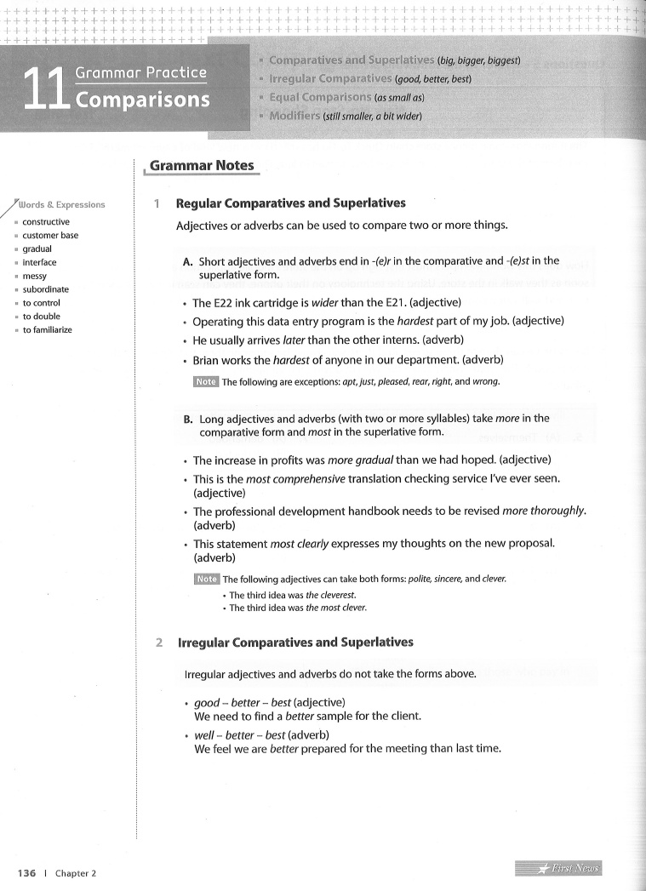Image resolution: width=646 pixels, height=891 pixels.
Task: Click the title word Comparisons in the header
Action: tap(143, 100)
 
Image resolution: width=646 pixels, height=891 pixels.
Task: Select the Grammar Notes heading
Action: tap(202, 166)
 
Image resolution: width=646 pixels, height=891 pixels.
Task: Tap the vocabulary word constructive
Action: tap(46, 222)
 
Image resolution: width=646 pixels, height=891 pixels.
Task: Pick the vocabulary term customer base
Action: tap(50, 236)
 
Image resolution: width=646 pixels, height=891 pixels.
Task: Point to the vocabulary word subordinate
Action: tap(46, 289)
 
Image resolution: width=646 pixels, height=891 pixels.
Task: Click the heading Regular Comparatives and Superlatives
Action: tap(290, 203)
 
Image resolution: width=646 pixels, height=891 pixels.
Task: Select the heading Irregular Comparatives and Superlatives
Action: tap(295, 643)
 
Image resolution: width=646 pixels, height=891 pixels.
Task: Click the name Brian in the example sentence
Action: tap(209, 359)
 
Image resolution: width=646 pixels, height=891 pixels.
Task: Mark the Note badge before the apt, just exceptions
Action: tap(206, 381)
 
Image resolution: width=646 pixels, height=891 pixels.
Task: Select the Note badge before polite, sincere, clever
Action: tap(207, 580)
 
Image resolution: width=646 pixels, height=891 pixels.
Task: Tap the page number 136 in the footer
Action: tap(26, 873)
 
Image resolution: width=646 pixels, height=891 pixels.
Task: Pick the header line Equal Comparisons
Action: tap(320, 97)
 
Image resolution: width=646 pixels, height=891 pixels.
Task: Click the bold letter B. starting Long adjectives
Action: tap(188, 419)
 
